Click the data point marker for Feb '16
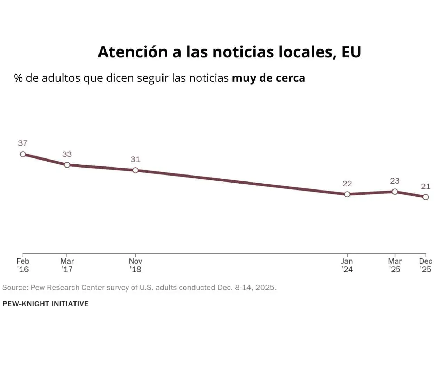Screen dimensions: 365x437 click(x=23, y=154)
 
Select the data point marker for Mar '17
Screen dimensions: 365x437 click(x=67, y=165)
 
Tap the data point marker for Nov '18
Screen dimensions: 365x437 click(x=135, y=170)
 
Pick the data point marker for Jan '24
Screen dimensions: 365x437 click(x=347, y=194)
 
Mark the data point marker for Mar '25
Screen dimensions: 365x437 click(x=395, y=192)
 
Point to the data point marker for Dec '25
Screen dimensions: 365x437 click(x=426, y=197)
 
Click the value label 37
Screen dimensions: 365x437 click(x=23, y=143)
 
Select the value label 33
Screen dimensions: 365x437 click(x=67, y=154)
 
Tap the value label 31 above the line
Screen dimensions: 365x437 click(x=135, y=160)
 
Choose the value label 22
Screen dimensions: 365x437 click(x=347, y=184)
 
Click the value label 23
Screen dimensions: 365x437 click(x=395, y=181)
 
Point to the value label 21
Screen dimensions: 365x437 click(x=426, y=186)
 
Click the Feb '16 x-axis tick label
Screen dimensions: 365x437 click(x=23, y=265)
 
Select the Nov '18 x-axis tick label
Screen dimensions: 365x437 click(x=135, y=265)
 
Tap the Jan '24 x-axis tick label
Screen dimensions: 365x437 click(x=347, y=265)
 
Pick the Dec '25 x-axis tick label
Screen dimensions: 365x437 click(x=426, y=265)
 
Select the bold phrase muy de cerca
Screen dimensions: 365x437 click(x=268, y=78)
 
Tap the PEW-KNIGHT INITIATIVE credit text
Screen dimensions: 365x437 click(x=45, y=304)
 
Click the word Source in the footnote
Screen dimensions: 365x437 click(x=15, y=288)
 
